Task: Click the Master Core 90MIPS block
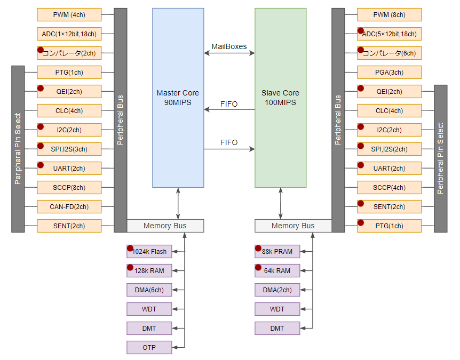[178, 98]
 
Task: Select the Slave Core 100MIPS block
[280, 98]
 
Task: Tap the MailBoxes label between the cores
[229, 46]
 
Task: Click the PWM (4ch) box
[69, 14]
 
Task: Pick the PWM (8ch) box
[389, 14]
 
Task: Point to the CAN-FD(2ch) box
[69, 206]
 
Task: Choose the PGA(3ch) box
[389, 72]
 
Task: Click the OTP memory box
[149, 347]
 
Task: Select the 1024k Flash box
[149, 251]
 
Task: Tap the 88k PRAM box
[277, 251]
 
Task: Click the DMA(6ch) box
[149, 290]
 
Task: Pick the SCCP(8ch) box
[69, 187]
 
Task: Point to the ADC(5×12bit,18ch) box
[389, 34]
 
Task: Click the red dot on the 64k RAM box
[258, 267]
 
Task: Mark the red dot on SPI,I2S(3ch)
[41, 146]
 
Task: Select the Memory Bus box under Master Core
[165, 226]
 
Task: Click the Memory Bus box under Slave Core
[293, 226]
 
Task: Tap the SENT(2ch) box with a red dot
[389, 206]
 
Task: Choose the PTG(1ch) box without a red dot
[69, 72]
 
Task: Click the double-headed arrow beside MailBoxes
[229, 53]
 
